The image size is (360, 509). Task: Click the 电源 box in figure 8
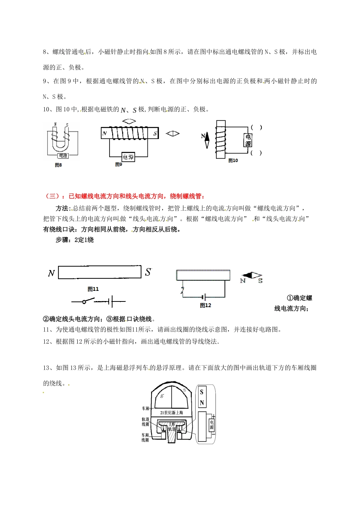[63, 156]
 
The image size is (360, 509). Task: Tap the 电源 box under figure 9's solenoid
[128, 157]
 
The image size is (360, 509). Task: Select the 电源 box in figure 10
[248, 141]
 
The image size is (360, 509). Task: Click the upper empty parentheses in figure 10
[257, 128]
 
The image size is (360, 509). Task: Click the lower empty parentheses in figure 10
[257, 153]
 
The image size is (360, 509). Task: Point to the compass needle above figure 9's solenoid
[129, 122]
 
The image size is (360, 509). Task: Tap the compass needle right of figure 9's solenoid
[173, 133]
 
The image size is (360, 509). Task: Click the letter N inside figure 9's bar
[105, 133]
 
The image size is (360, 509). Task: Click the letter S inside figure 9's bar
[155, 133]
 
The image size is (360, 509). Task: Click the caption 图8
[58, 165]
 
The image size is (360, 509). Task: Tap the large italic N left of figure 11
[52, 273]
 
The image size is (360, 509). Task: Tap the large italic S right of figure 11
[148, 272]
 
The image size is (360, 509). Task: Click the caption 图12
[205, 305]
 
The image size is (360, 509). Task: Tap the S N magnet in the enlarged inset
[202, 397]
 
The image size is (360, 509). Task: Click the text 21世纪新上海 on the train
[171, 412]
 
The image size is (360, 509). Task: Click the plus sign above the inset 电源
[213, 416]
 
